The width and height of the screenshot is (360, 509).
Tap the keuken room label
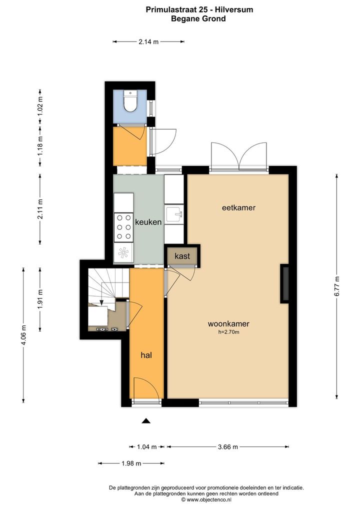[148, 222]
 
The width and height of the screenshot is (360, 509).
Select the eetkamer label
[238, 207]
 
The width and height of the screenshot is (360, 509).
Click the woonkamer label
[228, 323]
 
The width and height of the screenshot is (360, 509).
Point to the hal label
[146, 355]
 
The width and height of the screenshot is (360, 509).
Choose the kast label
[182, 256]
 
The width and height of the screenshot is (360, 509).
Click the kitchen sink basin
[174, 214]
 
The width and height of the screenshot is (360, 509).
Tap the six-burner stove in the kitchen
[123, 227]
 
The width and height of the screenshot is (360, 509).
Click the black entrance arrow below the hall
[146, 421]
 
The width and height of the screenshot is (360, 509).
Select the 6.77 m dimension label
[337, 286]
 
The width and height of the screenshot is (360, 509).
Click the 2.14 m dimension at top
[148, 41]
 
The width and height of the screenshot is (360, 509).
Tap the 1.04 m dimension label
[146, 447]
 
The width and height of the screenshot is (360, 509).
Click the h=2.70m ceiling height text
[229, 332]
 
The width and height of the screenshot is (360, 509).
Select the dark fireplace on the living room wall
[284, 283]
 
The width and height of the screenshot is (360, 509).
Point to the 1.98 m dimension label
[131, 463]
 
